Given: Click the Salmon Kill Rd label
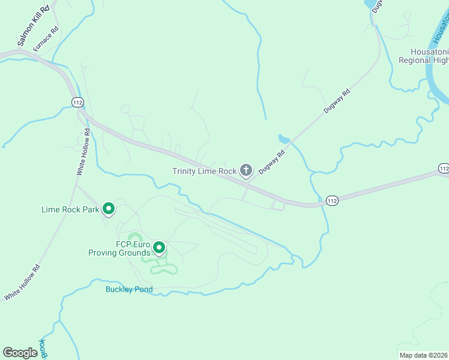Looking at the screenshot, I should click(32, 26).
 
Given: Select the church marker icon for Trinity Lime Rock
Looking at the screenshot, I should click(246, 171).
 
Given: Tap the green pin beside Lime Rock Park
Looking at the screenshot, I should click(109, 209).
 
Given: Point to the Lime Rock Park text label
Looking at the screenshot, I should click(70, 209).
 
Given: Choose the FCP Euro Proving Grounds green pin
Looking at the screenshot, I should click(159, 247).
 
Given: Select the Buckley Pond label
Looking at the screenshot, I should click(129, 289).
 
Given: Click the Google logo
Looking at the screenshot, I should click(20, 353).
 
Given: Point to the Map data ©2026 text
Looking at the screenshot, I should click(423, 355).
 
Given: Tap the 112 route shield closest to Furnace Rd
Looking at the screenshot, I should click(77, 103).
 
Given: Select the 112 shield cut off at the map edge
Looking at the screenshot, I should click(444, 169).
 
